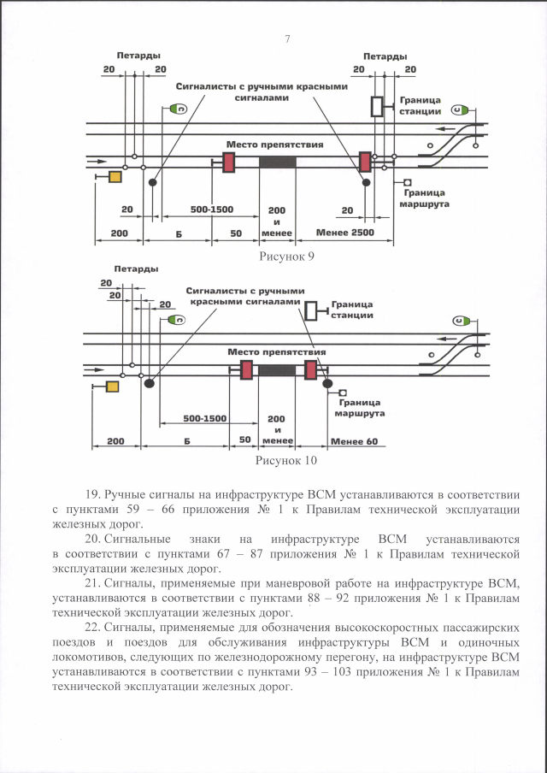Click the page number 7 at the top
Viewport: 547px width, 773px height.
287,39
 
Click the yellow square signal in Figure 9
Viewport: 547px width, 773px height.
115,177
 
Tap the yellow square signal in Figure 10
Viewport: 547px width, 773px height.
112,387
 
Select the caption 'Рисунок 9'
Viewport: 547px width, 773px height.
286,254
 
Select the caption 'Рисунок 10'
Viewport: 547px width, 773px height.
286,460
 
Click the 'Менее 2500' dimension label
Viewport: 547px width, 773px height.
344,233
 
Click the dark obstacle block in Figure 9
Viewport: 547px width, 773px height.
278,162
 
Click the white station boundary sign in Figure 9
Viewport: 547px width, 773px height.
377,107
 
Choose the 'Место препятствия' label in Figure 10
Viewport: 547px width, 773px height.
276,351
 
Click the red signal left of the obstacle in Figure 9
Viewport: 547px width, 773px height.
228,162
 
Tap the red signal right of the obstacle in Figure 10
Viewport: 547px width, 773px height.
310,369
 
